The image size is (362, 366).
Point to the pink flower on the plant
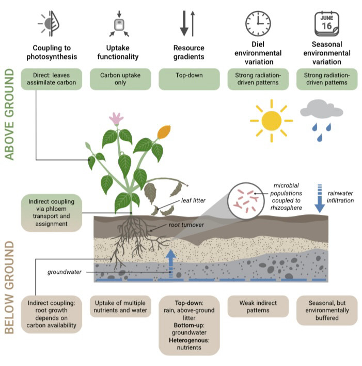click(116, 119)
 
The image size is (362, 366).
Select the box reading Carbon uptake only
click(120, 79)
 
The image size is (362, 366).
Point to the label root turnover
click(186, 225)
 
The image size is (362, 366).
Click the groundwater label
click(65, 271)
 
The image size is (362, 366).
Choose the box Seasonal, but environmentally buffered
click(326, 310)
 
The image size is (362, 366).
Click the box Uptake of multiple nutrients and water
click(120, 306)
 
